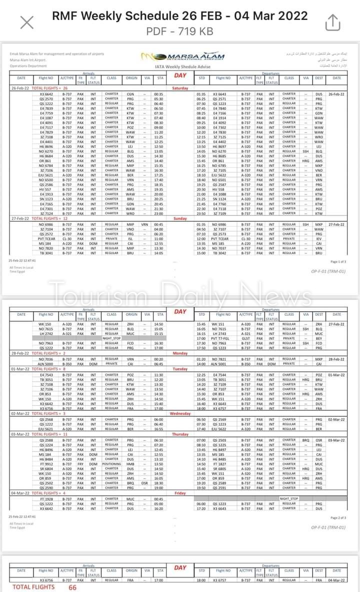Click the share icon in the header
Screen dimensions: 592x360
[332, 22]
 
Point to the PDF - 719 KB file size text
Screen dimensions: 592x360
[179, 31]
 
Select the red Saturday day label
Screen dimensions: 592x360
[179, 88]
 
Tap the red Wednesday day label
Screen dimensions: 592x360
[180, 414]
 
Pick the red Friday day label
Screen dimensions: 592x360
[180, 493]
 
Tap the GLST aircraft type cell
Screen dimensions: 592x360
[245, 338]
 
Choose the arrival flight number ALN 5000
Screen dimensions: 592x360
[45, 363]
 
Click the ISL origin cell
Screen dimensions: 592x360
[131, 239]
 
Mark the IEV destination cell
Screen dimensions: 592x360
[318, 239]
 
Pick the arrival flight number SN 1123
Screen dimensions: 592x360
[45, 199]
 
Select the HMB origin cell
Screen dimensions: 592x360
[131, 464]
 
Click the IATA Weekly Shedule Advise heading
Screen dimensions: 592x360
[179, 65]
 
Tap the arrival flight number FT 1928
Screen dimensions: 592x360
[45, 499]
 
